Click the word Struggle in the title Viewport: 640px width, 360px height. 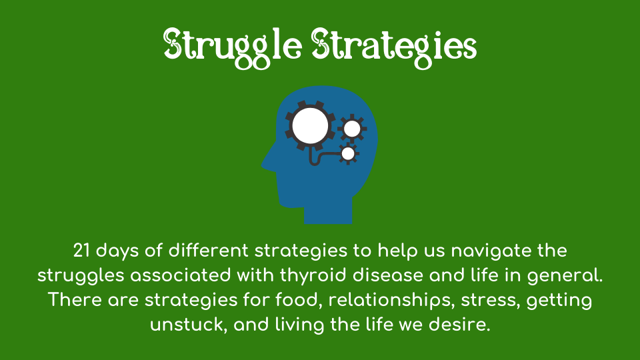tap(233, 47)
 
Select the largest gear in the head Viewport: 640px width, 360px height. tap(311, 126)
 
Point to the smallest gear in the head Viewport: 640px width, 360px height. tap(348, 154)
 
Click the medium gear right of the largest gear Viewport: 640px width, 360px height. tap(352, 129)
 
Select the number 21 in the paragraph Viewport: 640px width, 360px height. tap(81, 251)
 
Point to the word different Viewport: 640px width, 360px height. tap(209, 251)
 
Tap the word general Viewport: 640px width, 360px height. tap(565, 276)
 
